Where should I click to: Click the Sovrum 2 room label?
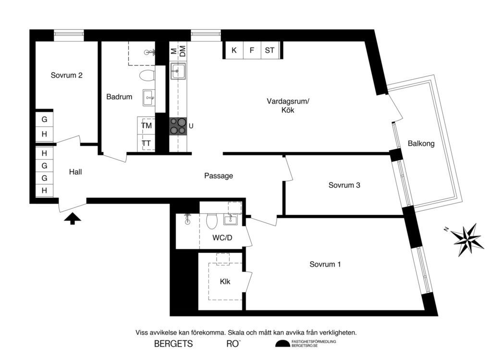coord(67,75)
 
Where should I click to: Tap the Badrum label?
coord(119,97)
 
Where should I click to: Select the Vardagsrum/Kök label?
coord(288,106)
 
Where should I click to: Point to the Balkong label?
coord(421,143)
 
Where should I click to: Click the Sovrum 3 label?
coord(344,185)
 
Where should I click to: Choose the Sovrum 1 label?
coord(325,264)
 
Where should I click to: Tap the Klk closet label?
coord(225,282)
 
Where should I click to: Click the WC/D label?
coord(222,238)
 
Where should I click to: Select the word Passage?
coord(218,176)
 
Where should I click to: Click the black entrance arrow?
coord(73,219)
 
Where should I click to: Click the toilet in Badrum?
coord(146,75)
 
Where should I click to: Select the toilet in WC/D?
coord(211,221)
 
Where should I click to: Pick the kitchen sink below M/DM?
coord(178,72)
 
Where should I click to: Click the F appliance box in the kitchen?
coord(251,50)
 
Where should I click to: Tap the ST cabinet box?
coord(270,50)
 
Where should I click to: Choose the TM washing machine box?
coord(147,126)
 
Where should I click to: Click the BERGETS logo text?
coord(173,344)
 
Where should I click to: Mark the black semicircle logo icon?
coord(283,344)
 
